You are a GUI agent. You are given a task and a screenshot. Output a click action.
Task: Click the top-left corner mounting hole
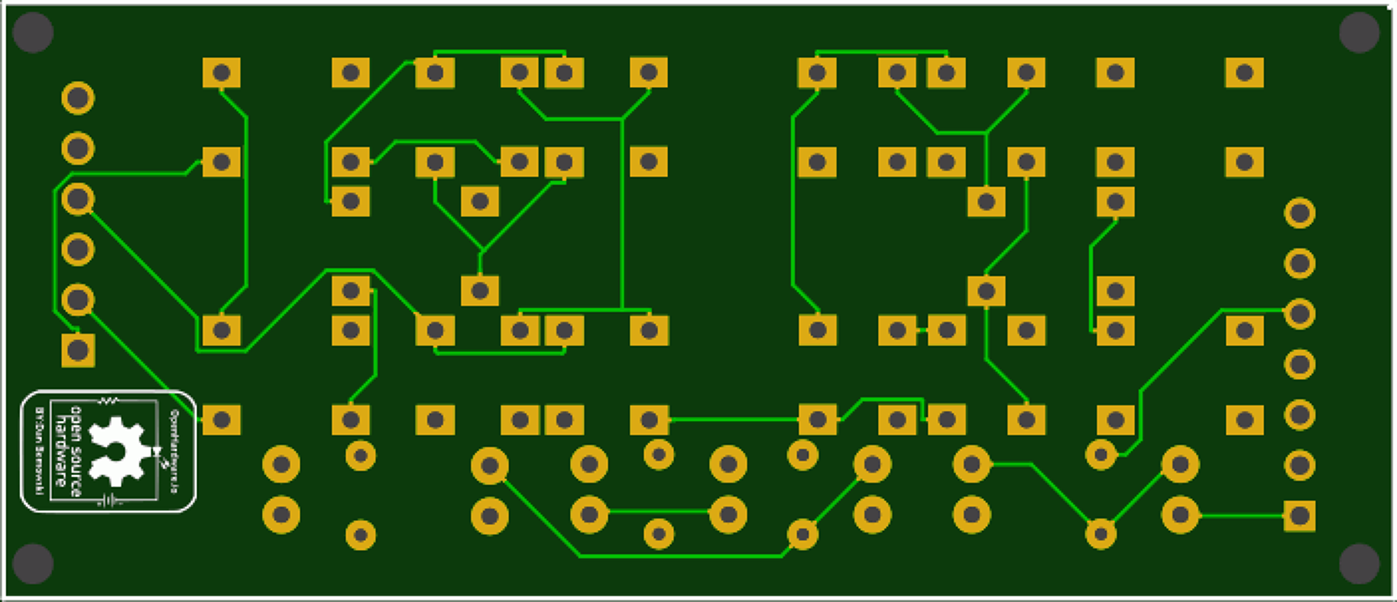point(33,33)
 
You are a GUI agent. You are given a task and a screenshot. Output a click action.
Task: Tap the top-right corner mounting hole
point(1360,33)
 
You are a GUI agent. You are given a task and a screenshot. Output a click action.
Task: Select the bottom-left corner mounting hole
point(33,564)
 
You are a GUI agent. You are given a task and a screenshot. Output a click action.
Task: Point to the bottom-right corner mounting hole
point(1360,564)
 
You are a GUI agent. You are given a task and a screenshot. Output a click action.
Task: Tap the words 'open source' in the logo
point(76,451)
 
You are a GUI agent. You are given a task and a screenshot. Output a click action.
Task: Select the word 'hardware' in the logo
point(60,451)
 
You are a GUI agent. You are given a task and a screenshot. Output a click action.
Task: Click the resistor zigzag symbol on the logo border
point(108,400)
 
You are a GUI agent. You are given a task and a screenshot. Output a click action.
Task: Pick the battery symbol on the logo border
point(109,501)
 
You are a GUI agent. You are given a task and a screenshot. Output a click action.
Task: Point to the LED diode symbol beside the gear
point(157,453)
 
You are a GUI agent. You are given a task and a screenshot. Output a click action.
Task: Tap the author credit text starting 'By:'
point(39,451)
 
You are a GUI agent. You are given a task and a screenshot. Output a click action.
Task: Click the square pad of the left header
point(78,350)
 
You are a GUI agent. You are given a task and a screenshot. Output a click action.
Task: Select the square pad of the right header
point(1299,516)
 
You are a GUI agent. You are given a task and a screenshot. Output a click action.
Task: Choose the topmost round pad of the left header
point(78,98)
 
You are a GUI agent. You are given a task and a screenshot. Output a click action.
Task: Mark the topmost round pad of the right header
point(1299,213)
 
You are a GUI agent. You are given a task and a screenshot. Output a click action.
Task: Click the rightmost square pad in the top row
point(1244,73)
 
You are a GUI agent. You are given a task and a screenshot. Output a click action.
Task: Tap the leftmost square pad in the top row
point(222,73)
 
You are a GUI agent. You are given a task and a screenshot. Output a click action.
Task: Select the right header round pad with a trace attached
point(1299,313)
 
